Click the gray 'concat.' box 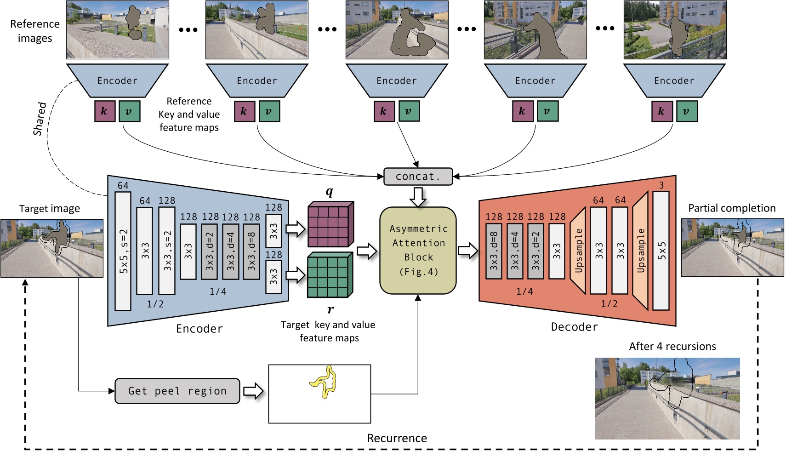pyautogui.click(x=418, y=177)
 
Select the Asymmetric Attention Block pyautogui.click(x=418, y=250)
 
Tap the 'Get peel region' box pyautogui.click(x=177, y=391)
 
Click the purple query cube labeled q pyautogui.click(x=330, y=224)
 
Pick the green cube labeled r pyautogui.click(x=330, y=275)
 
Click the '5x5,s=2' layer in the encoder pyautogui.click(x=123, y=251)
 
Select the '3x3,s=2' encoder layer pyautogui.click(x=167, y=251)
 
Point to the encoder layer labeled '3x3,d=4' pyautogui.click(x=230, y=251)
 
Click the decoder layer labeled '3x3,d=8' pyautogui.click(x=494, y=251)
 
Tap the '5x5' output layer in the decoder pyautogui.click(x=661, y=251)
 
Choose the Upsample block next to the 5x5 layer pyautogui.click(x=640, y=251)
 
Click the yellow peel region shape pyautogui.click(x=325, y=381)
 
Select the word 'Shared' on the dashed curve pyautogui.click(x=40, y=119)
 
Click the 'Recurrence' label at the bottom pyautogui.click(x=397, y=438)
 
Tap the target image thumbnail pyautogui.click(x=51, y=248)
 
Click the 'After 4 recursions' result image pyautogui.click(x=667, y=398)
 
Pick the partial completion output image pyautogui.click(x=732, y=247)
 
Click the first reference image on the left pyautogui.click(x=117, y=30)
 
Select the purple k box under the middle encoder pyautogui.click(x=384, y=111)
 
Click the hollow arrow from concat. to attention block pyautogui.click(x=418, y=196)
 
